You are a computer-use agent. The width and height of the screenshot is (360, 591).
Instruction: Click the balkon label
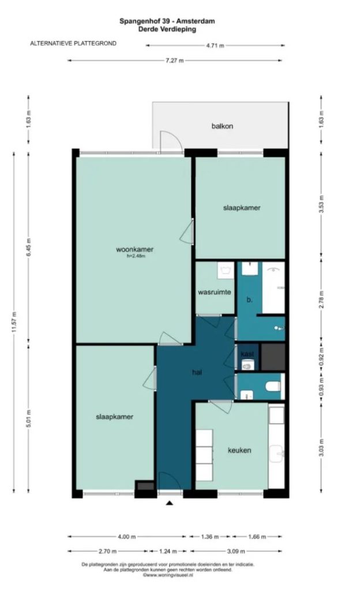(x=222, y=126)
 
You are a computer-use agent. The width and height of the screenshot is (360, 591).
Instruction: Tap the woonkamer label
(x=134, y=249)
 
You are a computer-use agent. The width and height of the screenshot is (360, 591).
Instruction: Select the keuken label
(x=239, y=450)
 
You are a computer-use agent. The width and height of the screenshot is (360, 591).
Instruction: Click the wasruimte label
(x=215, y=292)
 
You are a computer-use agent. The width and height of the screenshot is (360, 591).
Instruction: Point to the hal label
(x=197, y=372)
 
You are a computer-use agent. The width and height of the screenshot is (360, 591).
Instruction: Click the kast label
(x=247, y=354)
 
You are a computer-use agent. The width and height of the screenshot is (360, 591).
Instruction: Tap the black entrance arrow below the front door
(x=170, y=503)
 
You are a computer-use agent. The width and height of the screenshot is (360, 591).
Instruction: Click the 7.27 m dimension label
(x=175, y=60)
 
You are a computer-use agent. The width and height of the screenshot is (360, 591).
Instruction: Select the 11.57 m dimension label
(x=14, y=322)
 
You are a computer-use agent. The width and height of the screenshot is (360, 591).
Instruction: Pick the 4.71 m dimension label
(x=215, y=46)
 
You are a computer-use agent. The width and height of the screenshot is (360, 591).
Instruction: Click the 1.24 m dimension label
(x=168, y=551)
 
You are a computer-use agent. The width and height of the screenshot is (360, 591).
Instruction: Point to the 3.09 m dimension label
(x=236, y=551)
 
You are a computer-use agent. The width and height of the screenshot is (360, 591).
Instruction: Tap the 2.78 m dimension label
(x=321, y=300)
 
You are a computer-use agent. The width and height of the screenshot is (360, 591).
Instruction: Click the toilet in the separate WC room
(x=273, y=386)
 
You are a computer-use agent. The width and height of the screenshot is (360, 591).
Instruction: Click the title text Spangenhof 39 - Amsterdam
(x=167, y=21)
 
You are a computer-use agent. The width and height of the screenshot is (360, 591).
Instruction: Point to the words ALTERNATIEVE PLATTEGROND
(x=73, y=43)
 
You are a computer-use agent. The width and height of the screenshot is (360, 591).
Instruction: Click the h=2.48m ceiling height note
(x=136, y=256)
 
